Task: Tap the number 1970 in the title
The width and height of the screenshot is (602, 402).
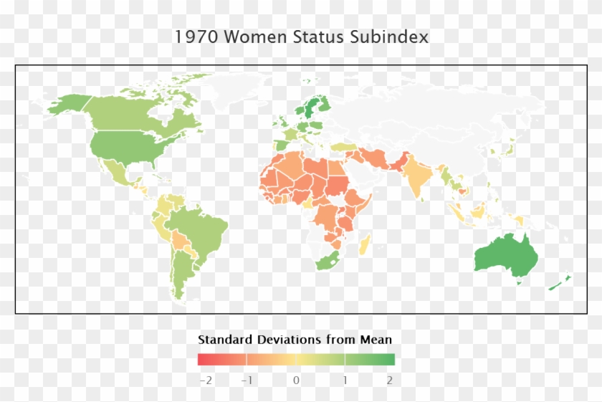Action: (196, 37)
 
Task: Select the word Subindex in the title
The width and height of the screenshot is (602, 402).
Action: (393, 37)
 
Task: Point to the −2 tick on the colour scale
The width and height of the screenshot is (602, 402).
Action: (205, 380)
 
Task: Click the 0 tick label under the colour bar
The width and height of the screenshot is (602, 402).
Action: (296, 380)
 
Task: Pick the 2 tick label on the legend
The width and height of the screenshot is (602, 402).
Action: (390, 380)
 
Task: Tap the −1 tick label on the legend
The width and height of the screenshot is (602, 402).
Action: (247, 380)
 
